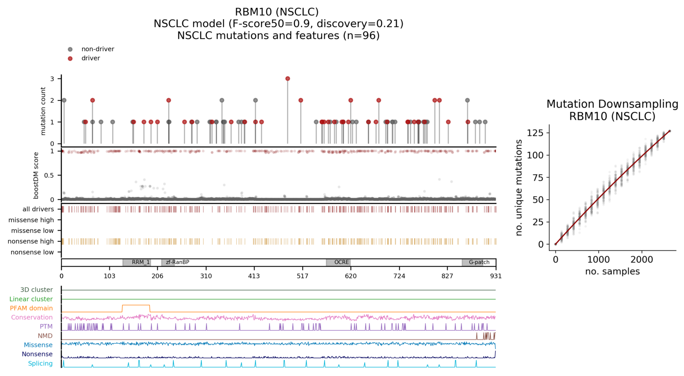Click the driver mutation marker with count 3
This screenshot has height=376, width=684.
(x=288, y=79)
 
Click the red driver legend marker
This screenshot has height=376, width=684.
(x=70, y=59)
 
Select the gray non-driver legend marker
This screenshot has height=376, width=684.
(x=70, y=49)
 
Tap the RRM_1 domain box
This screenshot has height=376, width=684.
(x=137, y=263)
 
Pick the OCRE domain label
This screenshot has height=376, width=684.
(x=341, y=263)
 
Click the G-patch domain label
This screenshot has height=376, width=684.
(x=479, y=263)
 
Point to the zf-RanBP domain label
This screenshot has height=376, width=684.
(x=178, y=263)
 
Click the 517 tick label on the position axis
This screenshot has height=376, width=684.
(x=302, y=276)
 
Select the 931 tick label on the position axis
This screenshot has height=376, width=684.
(x=496, y=276)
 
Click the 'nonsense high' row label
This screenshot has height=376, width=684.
(x=31, y=241)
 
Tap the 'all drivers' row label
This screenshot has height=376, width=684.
(x=38, y=209)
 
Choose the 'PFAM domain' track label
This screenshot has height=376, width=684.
(x=31, y=308)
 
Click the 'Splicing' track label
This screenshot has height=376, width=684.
(x=40, y=364)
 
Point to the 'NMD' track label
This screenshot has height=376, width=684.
(x=45, y=336)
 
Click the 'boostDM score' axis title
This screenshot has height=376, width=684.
(x=36, y=175)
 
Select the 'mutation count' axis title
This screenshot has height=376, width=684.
(x=43, y=111)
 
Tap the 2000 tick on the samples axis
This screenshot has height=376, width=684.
(x=642, y=260)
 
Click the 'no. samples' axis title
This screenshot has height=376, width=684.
(x=612, y=272)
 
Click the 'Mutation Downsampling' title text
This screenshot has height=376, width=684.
(x=612, y=104)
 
